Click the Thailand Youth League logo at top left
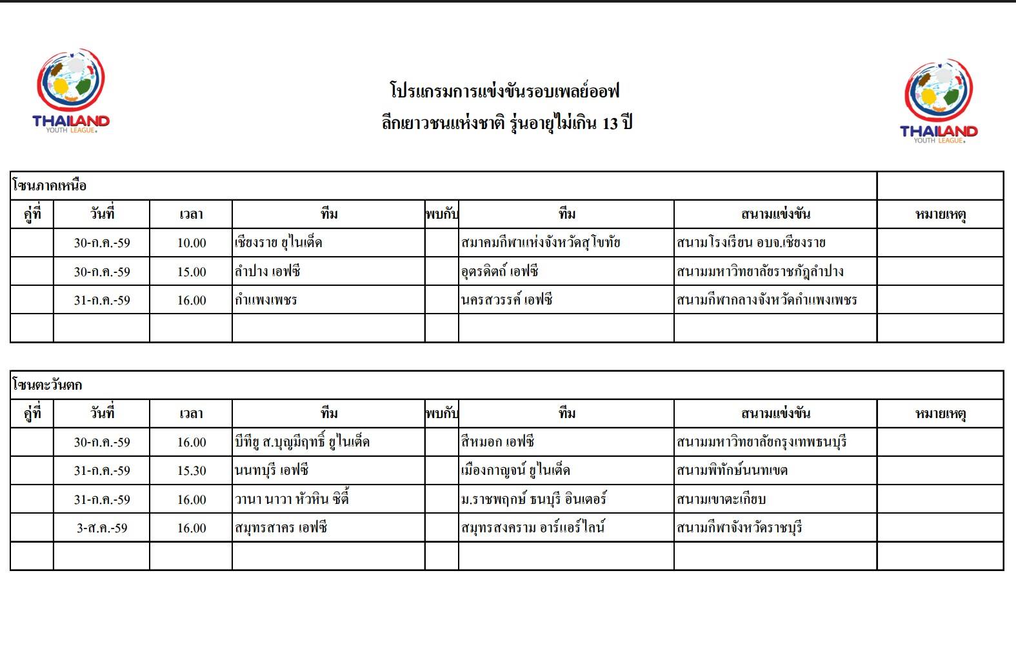(x=70, y=90)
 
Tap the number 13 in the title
(x=610, y=123)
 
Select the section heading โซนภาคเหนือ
(x=50, y=186)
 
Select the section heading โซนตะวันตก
(x=47, y=385)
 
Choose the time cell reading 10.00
(x=192, y=243)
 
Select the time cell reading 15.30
(x=192, y=471)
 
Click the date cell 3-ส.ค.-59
(x=102, y=528)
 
